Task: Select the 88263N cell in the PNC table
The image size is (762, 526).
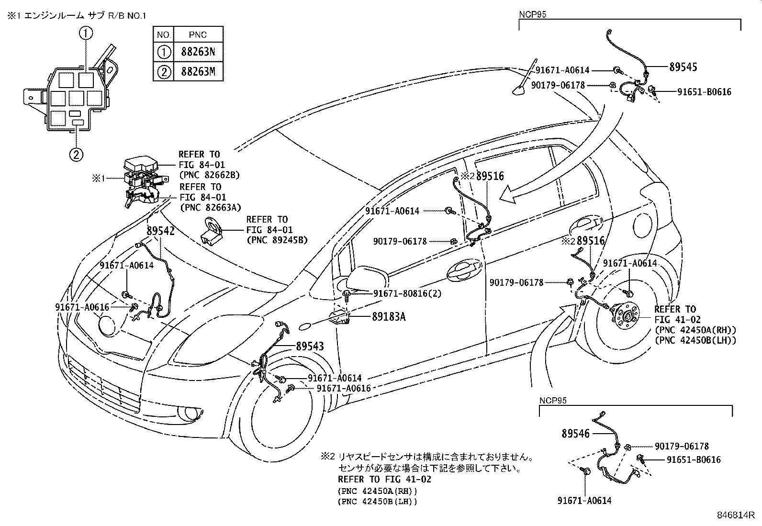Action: pos(198,52)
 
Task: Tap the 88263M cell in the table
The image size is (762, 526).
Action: pos(198,72)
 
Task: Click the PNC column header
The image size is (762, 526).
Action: pos(198,34)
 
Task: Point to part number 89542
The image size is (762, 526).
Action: pos(160,230)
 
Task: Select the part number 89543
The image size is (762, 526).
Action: pos(310,346)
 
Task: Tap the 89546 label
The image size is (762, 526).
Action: pos(576,433)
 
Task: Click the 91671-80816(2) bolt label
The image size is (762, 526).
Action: pos(407,293)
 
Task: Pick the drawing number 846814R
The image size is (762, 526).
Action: pos(735,515)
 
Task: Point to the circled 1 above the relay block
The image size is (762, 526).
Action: pos(86,33)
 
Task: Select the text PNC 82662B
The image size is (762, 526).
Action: pos(210,175)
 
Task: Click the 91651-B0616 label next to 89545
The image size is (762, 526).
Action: pos(704,92)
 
